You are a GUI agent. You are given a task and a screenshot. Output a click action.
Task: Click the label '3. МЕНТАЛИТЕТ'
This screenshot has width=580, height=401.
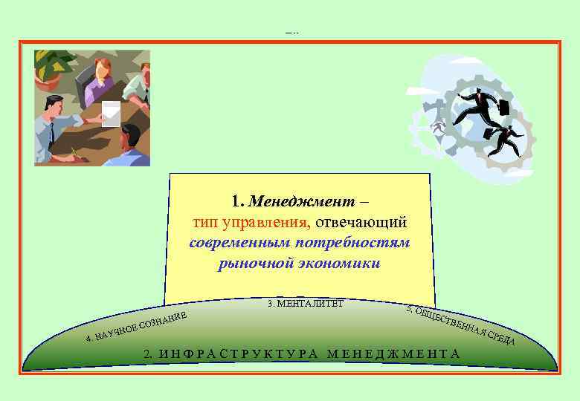(x=305, y=303)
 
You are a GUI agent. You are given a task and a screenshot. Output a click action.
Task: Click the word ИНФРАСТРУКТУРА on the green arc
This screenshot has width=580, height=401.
(x=237, y=353)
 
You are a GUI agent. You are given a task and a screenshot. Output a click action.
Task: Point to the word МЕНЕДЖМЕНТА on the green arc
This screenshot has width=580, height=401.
(x=393, y=353)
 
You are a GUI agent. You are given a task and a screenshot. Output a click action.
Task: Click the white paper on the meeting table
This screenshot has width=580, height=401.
(x=111, y=112)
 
